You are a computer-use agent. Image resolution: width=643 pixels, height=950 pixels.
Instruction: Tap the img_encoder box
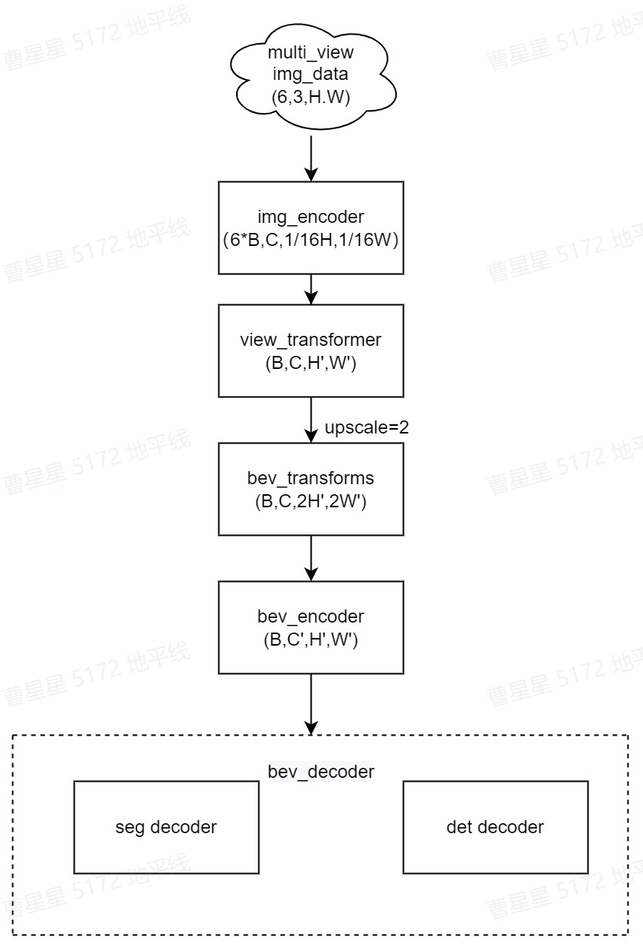coord(311,228)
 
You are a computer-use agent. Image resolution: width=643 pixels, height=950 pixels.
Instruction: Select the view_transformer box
coord(311,350)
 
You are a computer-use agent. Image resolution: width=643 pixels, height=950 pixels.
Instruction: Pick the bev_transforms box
coord(311,489)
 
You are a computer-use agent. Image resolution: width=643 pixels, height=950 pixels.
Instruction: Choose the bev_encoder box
coord(311,627)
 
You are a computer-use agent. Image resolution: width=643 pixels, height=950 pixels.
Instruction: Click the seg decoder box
coord(166,827)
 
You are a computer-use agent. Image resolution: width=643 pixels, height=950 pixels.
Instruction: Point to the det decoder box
coord(495,827)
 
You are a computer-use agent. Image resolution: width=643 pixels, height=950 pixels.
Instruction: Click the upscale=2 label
coord(366,427)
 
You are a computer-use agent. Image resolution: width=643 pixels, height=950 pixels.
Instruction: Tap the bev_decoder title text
coord(320,771)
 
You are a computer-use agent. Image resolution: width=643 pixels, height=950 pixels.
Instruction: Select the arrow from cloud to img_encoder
coord(311,158)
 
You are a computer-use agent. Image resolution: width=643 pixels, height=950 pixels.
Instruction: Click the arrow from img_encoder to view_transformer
coord(311,289)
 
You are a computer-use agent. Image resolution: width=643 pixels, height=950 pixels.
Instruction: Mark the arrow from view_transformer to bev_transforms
coord(311,420)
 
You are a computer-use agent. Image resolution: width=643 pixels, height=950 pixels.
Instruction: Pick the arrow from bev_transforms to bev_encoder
coord(311,558)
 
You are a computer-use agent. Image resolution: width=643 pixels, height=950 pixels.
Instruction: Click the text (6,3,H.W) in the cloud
coord(311,97)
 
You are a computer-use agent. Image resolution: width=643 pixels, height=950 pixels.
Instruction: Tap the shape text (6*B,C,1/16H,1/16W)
coord(311,239)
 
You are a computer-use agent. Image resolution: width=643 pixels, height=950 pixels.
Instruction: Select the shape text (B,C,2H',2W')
coord(311,503)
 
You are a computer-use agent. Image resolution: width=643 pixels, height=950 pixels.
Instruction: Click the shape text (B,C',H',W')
coord(311,639)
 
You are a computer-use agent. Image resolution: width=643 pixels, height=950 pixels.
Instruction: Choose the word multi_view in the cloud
coord(311,53)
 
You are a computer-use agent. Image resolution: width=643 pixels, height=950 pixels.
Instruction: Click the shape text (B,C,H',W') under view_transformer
coord(311,364)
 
